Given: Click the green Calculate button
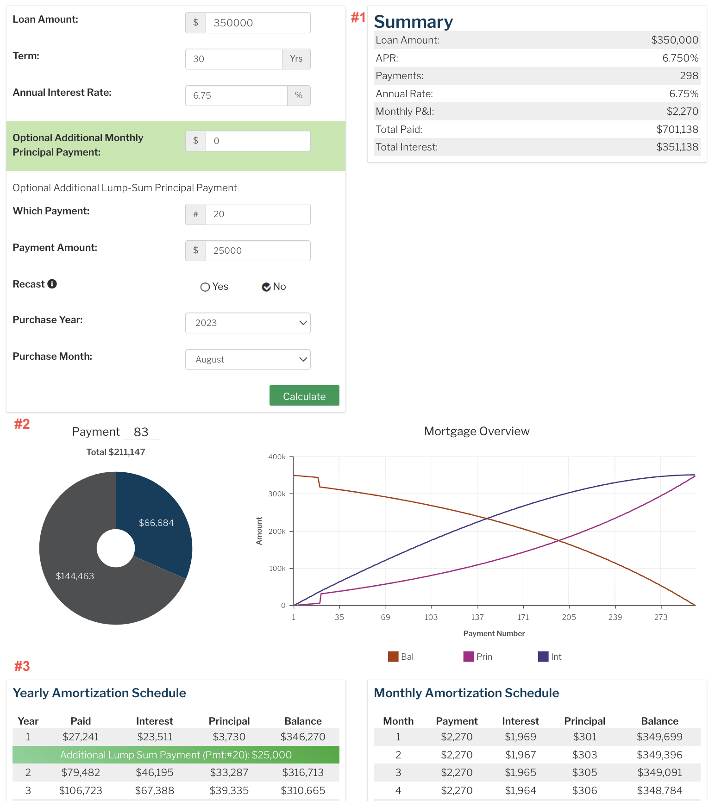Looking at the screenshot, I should pyautogui.click(x=304, y=396).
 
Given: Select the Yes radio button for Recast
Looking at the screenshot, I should pyautogui.click(x=205, y=287).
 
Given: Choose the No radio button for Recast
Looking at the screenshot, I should pyautogui.click(x=266, y=287).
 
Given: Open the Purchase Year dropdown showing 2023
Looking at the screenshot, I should pyautogui.click(x=248, y=323).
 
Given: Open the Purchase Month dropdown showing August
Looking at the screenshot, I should pyautogui.click(x=248, y=359).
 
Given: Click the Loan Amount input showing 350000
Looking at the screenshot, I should pyautogui.click(x=257, y=23).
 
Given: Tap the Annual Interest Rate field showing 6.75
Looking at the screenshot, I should pyautogui.click(x=236, y=95).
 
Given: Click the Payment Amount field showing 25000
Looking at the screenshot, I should pyautogui.click(x=257, y=250).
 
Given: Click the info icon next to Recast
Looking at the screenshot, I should pyautogui.click(x=52, y=284).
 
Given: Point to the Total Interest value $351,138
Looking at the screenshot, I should pyautogui.click(x=677, y=147).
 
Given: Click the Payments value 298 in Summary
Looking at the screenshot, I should pyautogui.click(x=689, y=76).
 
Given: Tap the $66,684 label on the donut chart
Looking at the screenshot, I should pyautogui.click(x=157, y=523).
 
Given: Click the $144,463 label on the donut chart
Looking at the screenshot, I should pyautogui.click(x=75, y=576).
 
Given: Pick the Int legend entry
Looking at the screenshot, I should pyautogui.click(x=550, y=657).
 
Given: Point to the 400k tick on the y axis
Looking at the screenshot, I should pyautogui.click(x=277, y=457).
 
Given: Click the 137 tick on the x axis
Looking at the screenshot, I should pyautogui.click(x=477, y=617).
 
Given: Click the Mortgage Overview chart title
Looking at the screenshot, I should pyautogui.click(x=477, y=431).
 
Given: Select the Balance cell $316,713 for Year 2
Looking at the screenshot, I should pyautogui.click(x=303, y=772).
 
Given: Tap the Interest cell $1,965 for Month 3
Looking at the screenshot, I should pyautogui.click(x=521, y=772).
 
